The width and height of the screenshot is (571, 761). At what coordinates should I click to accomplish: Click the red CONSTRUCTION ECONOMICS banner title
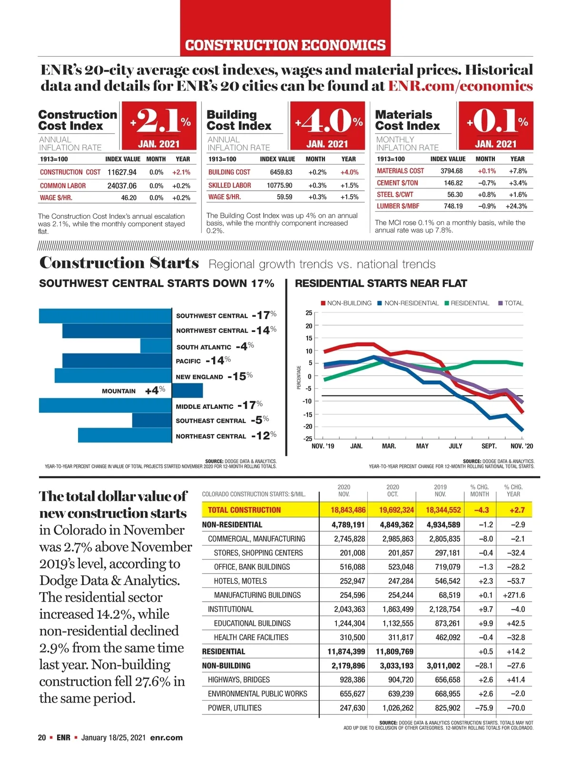pos(285,45)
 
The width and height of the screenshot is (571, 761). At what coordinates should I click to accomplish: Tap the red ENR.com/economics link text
pos(460,86)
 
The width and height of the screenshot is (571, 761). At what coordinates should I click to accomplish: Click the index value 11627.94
pos(122,172)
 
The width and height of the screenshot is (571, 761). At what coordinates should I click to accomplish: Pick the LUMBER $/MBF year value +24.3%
pos(516,206)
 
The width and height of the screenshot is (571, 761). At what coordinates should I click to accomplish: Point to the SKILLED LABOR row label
pos(229,185)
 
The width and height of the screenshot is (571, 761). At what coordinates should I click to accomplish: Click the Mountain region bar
pos(187,390)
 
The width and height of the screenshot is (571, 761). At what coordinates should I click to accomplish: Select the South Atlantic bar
pos(156,346)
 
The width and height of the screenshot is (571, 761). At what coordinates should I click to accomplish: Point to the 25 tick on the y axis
pos(309,313)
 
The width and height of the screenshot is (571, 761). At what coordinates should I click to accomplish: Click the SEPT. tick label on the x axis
pos(489,446)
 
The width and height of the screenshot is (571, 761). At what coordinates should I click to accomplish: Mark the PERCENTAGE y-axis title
pos(299,378)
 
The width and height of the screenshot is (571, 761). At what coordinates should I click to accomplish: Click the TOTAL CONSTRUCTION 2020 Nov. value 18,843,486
pos(348,510)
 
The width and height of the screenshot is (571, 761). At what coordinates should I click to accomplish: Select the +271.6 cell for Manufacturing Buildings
pos(513,595)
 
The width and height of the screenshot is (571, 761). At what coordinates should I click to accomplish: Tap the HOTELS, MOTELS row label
pos(240,581)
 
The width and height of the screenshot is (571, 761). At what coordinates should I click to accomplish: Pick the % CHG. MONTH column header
pos(480,490)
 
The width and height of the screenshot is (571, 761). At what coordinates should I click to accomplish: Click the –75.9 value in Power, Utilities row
pos(483,708)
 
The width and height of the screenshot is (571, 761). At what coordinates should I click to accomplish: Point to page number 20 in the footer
pos(42,738)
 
